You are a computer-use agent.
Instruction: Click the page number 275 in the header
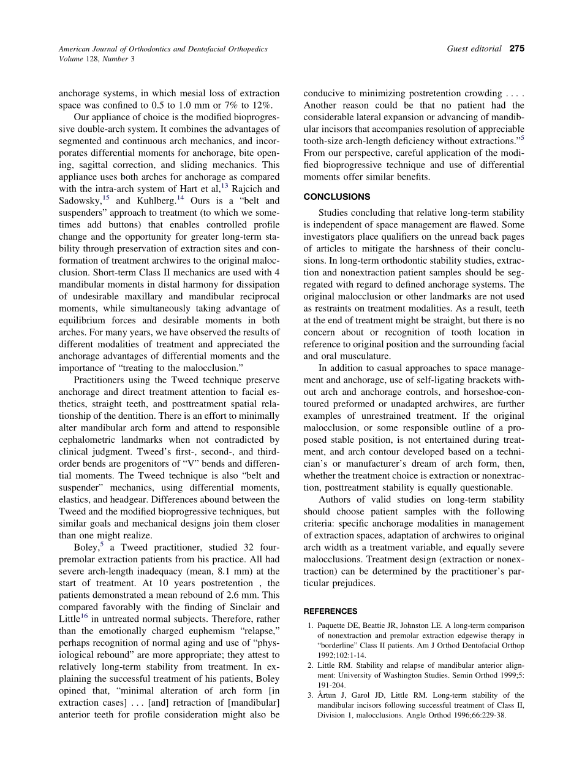coord(517,48)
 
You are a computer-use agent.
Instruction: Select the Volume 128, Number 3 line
coord(96,59)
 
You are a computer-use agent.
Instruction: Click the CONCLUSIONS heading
coord(337,197)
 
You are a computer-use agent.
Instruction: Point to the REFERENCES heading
coord(331,611)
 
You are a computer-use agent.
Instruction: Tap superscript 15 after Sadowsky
coord(105,197)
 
